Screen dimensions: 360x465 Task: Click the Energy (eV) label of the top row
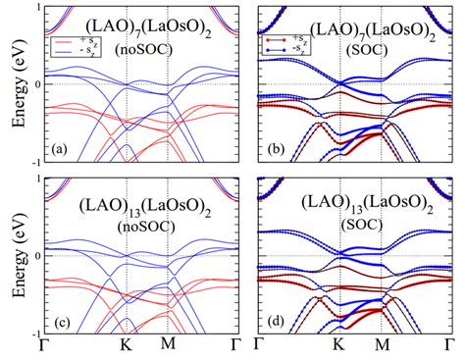14,86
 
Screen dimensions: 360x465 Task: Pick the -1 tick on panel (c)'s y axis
44,333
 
